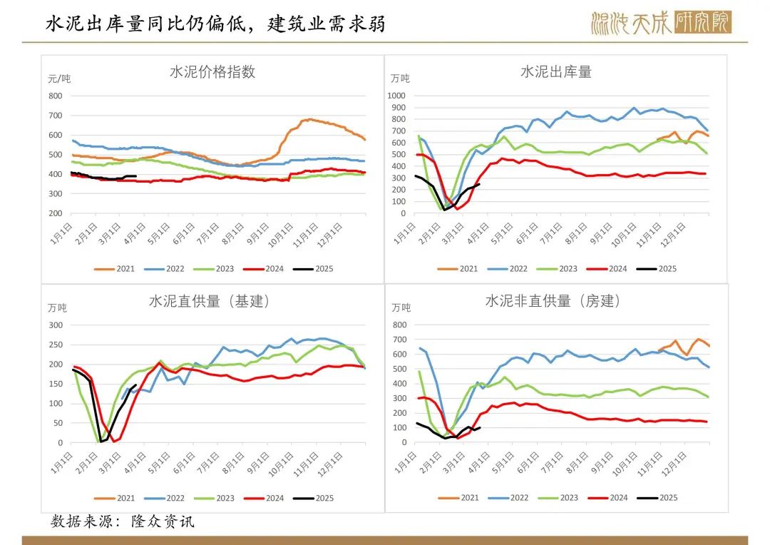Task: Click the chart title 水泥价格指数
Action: (x=212, y=72)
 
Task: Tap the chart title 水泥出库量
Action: (x=556, y=72)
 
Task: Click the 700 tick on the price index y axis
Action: (x=56, y=116)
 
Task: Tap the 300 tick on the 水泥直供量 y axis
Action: (x=56, y=325)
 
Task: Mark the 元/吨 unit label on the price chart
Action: (x=60, y=78)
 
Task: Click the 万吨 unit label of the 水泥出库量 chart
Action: (x=401, y=78)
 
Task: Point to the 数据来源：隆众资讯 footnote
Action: (x=122, y=521)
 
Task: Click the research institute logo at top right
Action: (x=660, y=23)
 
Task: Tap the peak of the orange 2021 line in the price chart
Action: (x=307, y=119)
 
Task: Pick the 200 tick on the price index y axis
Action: (x=56, y=213)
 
